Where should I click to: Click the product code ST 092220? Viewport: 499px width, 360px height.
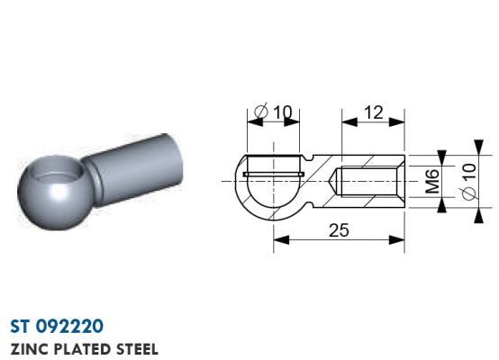[57, 326]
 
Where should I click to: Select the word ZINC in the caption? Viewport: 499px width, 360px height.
[30, 349]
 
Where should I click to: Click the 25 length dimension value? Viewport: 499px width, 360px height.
[339, 230]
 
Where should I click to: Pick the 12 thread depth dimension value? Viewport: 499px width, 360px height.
[373, 112]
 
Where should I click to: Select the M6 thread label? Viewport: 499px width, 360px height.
[432, 181]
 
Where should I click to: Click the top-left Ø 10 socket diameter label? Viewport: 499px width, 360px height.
[273, 112]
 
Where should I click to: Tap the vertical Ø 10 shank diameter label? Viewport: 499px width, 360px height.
[469, 182]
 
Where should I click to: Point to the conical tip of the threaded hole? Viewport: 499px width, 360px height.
[331, 182]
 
